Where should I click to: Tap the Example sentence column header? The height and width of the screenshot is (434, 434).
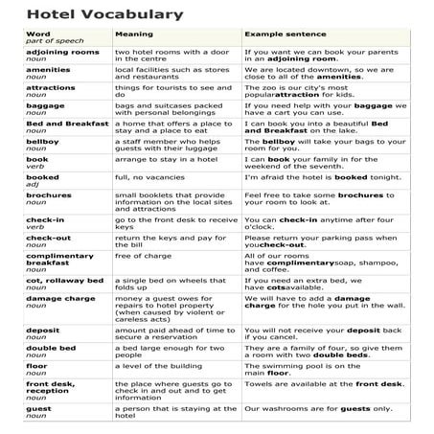point(287,34)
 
